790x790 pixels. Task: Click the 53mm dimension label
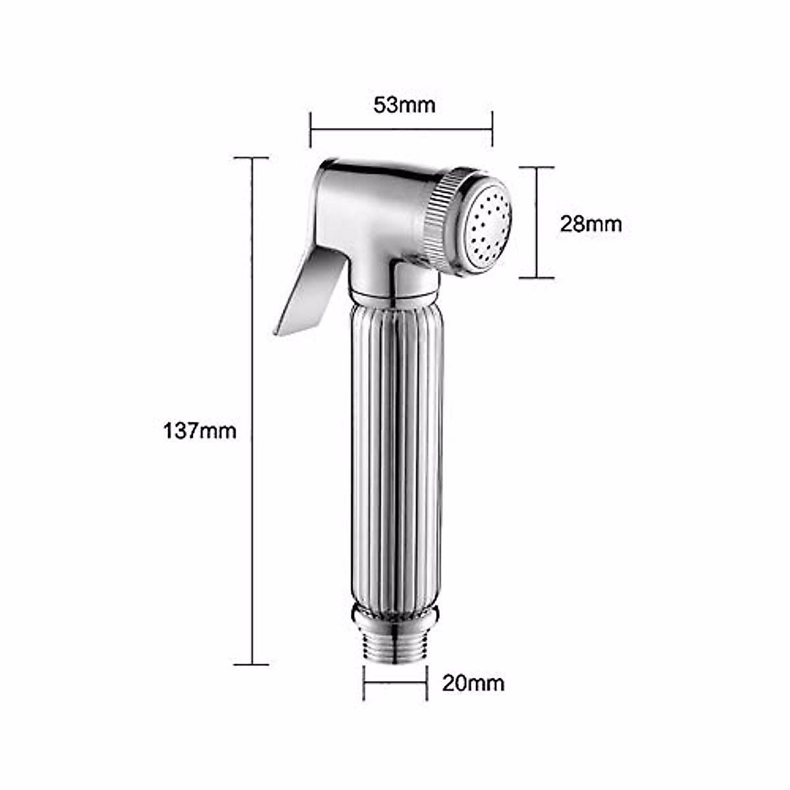pos(404,105)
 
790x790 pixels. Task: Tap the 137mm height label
pos(199,431)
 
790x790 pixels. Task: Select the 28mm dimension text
pos(591,224)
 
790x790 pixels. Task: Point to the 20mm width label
pos(473,683)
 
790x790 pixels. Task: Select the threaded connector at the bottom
pos(396,648)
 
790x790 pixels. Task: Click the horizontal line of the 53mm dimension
pos(401,129)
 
